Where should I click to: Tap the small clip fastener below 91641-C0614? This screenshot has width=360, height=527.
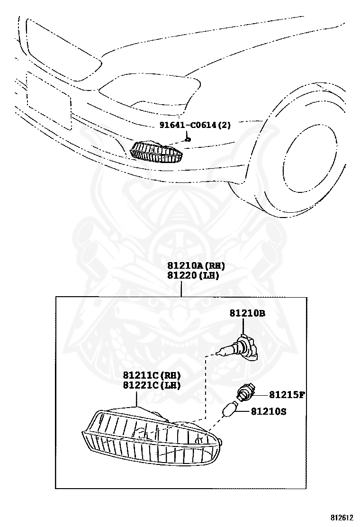(188, 139)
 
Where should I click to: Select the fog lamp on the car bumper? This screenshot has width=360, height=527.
(156, 152)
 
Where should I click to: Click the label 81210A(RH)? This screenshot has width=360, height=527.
(195, 266)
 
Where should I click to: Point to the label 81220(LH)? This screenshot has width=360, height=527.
(192, 275)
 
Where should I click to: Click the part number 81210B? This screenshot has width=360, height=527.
(247, 313)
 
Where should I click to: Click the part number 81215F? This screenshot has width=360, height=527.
(287, 394)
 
